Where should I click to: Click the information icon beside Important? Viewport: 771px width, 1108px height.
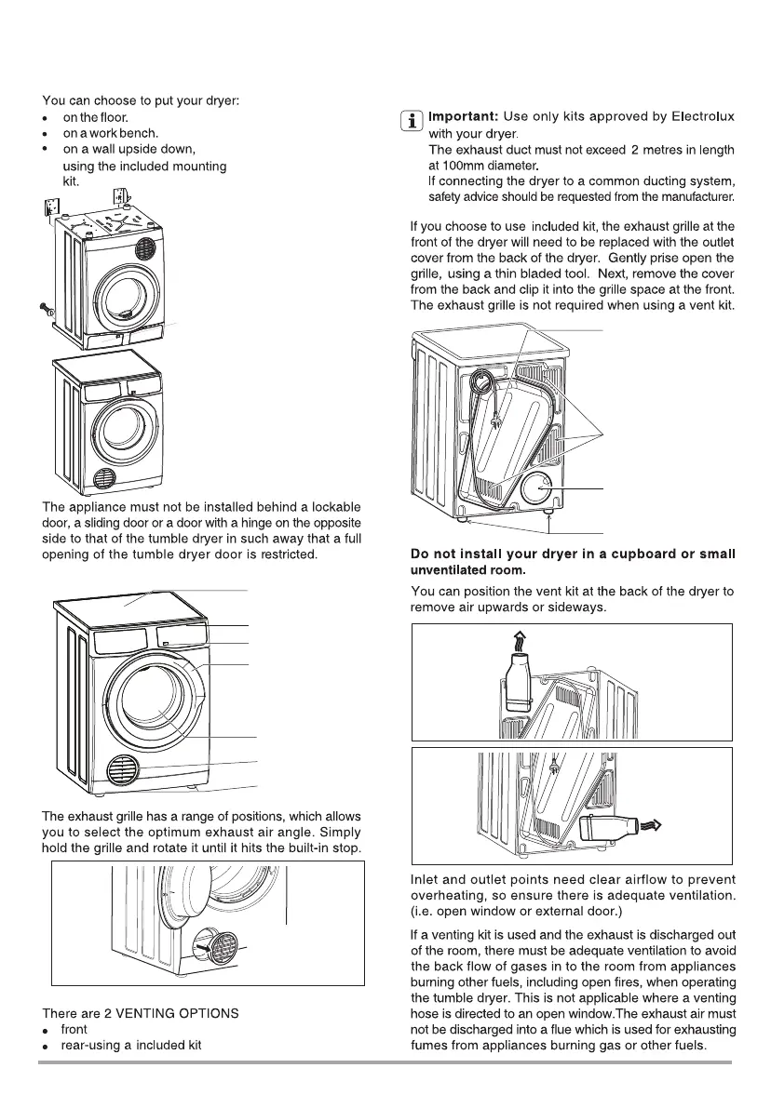(407, 120)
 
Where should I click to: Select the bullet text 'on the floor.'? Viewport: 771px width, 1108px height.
(95, 117)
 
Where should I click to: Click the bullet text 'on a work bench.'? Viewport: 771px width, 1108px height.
(104, 133)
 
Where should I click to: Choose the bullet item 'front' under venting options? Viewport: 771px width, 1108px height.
(74, 1030)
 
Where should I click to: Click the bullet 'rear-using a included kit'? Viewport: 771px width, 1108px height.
(130, 1046)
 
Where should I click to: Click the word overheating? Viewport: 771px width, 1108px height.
(449, 897)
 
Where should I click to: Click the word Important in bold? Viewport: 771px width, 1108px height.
(463, 116)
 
